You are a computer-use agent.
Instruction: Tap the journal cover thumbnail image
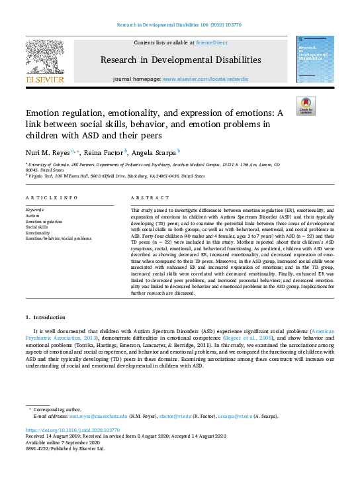[x=315, y=59]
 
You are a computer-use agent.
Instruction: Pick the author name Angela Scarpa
[x=155, y=152]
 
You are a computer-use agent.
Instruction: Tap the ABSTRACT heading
[x=146, y=198]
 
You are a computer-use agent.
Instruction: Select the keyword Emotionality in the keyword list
[x=38, y=232]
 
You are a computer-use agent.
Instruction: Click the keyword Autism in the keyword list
[x=32, y=216]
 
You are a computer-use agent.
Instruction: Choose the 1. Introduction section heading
[x=46, y=318]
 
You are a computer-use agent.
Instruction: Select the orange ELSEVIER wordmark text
[x=44, y=80]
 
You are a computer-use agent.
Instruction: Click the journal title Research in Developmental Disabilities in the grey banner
[x=181, y=60]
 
